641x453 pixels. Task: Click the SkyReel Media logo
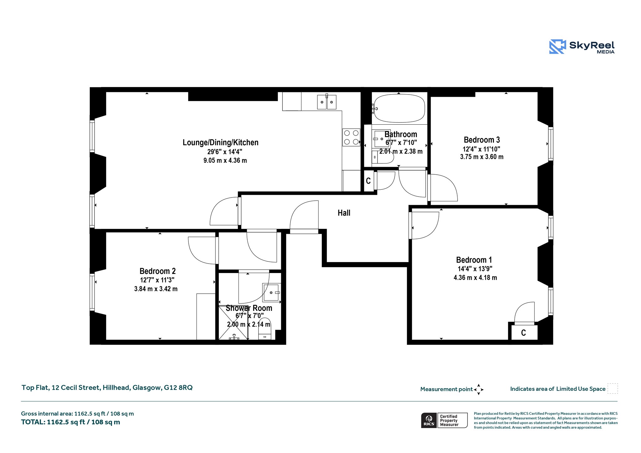point(582,47)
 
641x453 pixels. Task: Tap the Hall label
point(344,213)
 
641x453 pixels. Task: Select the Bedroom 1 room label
point(474,260)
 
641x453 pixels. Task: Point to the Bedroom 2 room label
point(157,271)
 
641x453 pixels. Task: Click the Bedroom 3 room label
point(482,140)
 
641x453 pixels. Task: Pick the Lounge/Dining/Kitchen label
point(221,143)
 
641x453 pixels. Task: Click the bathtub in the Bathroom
point(399,108)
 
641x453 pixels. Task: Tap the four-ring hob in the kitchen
point(351,137)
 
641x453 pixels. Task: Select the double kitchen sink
point(327,102)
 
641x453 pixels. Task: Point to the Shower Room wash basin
point(271,293)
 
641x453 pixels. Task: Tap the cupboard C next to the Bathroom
point(369,181)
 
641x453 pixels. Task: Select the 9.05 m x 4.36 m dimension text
point(225,161)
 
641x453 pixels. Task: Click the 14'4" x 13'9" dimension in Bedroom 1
point(475,269)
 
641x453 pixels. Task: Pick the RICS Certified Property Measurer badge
point(444,420)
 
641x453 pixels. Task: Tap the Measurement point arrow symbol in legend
point(479,389)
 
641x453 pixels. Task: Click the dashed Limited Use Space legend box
point(613,389)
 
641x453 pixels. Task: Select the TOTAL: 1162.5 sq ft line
point(70,422)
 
